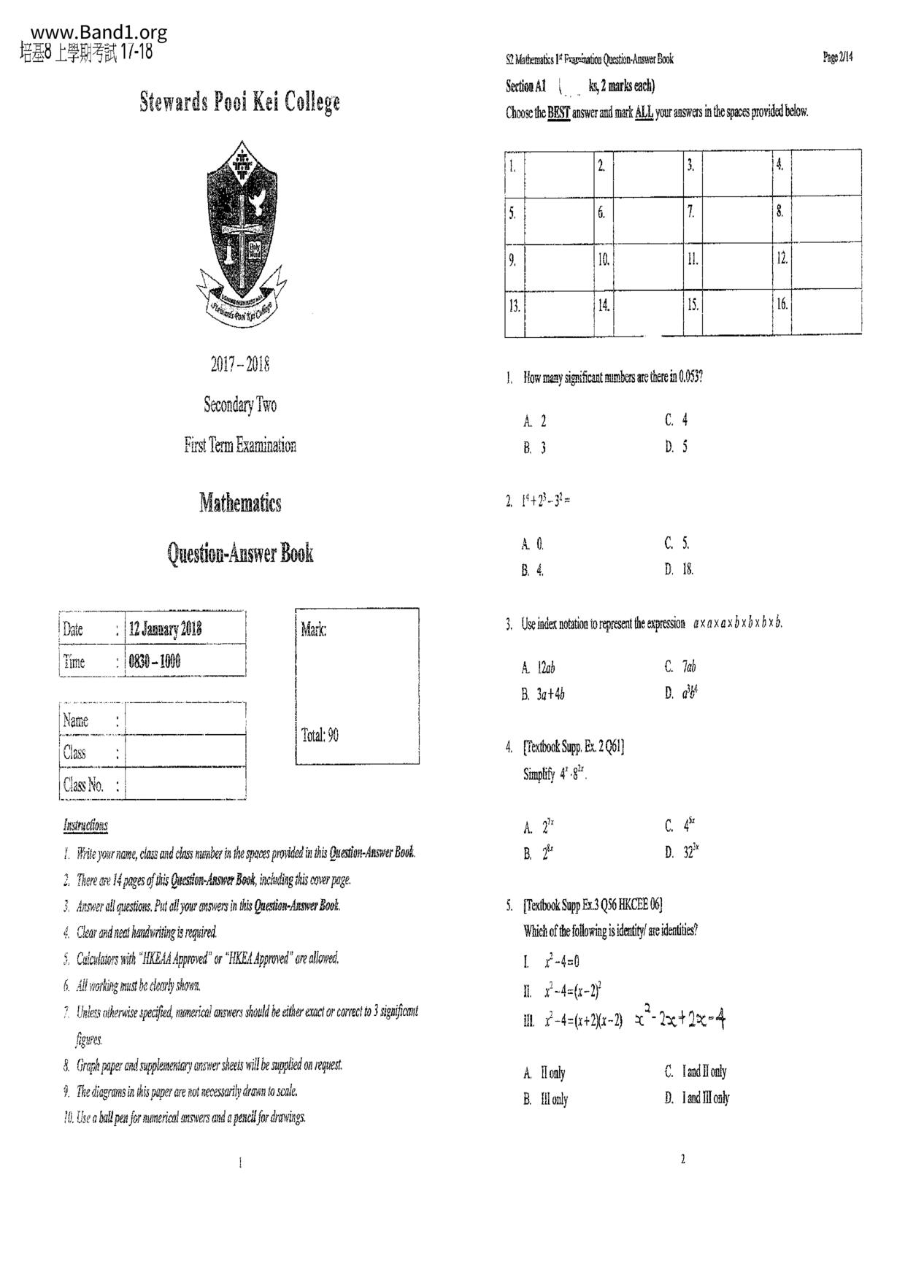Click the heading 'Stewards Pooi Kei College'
click(x=239, y=102)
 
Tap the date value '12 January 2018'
click(x=165, y=629)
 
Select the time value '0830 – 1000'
click(x=155, y=662)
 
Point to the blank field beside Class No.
click(x=185, y=785)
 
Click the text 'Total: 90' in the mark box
click(x=320, y=735)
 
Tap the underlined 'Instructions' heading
click(x=85, y=825)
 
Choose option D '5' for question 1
click(x=676, y=447)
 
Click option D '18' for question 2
click(x=679, y=569)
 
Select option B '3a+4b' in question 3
click(x=544, y=694)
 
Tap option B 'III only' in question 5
click(x=546, y=1099)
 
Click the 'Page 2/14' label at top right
click(x=837, y=58)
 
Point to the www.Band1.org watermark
click(x=99, y=33)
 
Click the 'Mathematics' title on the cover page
click(x=240, y=503)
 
